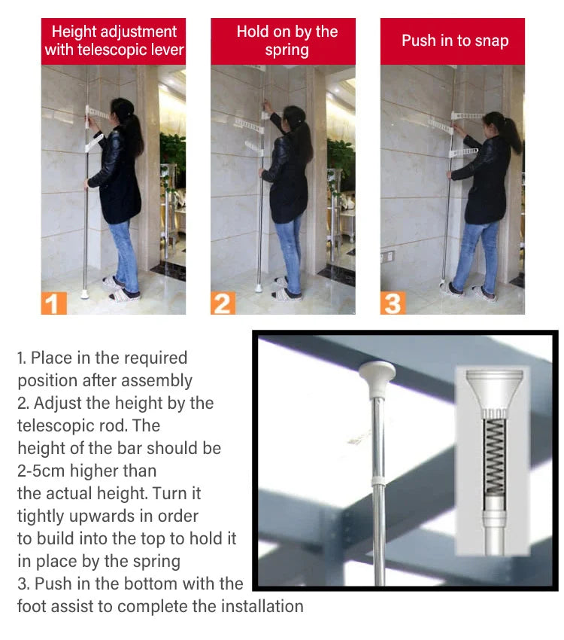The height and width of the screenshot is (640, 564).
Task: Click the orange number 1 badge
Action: [x=53, y=303]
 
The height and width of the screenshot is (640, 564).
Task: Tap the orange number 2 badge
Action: [x=223, y=303]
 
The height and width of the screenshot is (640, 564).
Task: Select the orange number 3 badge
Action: [x=393, y=303]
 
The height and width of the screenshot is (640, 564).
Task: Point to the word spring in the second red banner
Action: [x=287, y=50]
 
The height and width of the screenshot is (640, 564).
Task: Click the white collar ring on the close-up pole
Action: [x=378, y=480]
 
